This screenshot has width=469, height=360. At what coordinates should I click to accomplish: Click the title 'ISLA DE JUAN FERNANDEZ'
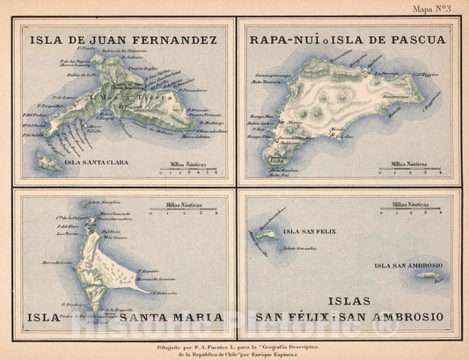point(123,40)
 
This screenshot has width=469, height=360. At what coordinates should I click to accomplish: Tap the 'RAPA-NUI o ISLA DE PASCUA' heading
point(348,40)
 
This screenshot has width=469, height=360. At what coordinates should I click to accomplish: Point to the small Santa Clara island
point(49,163)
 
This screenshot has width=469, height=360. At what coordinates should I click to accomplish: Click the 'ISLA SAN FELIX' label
point(309,231)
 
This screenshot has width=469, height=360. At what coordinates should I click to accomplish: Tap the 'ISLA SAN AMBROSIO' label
point(407,265)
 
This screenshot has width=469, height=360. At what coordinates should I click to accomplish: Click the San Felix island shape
point(267,236)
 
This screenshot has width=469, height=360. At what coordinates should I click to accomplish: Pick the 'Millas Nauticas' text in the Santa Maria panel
point(175,205)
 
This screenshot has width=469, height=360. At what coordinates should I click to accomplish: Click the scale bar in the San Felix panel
point(414,212)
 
